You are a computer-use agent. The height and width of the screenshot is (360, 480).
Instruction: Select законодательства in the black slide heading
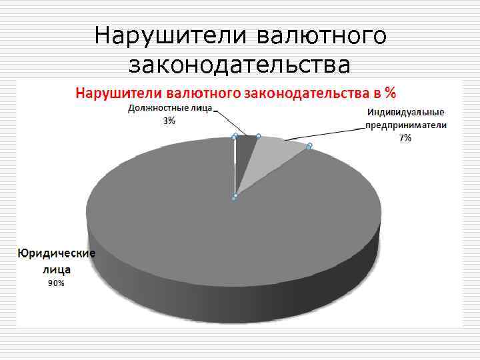coord(239,65)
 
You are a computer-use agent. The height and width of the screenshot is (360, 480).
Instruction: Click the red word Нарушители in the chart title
coord(118,91)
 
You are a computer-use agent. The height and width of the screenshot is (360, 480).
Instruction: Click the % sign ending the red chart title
coord(391,91)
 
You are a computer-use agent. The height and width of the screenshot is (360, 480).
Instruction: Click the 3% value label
coord(169,121)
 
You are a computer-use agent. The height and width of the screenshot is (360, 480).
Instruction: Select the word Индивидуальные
coord(406,112)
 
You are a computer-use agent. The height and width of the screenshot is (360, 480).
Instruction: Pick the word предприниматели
coord(406,125)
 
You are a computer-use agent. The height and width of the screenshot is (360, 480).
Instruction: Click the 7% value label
coord(405,137)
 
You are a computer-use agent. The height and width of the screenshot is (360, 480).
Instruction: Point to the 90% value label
coord(56,283)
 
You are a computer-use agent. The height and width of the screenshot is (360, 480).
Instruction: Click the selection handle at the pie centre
coord(234,197)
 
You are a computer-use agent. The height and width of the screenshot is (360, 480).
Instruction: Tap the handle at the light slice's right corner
coord(309,145)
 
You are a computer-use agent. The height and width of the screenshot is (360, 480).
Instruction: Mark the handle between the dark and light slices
coord(258,136)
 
